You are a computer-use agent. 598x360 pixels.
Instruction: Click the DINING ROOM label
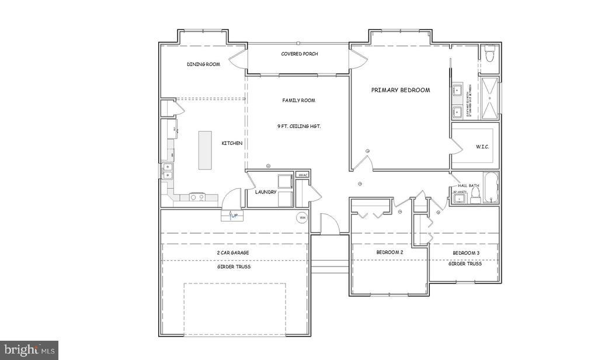203,64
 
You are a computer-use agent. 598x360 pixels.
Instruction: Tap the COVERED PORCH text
299,54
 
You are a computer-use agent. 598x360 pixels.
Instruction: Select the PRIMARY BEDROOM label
401,90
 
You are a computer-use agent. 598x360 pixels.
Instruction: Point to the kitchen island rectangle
205,150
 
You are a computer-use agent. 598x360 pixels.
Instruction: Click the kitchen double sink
168,171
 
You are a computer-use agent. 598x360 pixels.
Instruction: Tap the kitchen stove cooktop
196,197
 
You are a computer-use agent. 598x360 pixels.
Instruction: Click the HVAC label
303,175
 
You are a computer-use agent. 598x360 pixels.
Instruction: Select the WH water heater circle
302,218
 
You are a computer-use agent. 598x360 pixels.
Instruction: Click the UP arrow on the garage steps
233,216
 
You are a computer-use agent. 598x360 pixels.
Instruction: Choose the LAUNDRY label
265,192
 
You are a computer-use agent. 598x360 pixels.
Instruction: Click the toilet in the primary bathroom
490,53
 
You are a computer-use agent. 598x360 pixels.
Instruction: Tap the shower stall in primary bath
489,98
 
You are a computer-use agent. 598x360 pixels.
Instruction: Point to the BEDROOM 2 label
390,252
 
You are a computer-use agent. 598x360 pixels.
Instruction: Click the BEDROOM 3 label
466,253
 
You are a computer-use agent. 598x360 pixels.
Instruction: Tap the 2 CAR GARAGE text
234,252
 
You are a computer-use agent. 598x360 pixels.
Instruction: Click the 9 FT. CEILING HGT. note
299,126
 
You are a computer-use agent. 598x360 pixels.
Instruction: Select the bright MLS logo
29,350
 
